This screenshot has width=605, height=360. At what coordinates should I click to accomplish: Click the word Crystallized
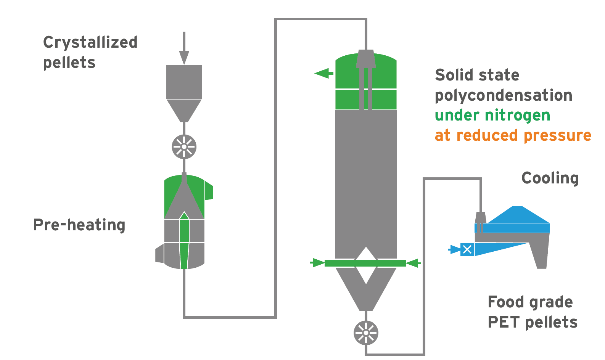[90, 42]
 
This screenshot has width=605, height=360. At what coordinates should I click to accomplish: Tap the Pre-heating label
[79, 225]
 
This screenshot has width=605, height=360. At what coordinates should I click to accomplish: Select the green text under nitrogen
[492, 115]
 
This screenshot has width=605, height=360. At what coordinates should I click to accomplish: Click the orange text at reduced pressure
[513, 135]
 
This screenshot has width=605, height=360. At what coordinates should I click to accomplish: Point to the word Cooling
[550, 178]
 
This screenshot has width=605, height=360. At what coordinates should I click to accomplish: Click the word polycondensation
[503, 95]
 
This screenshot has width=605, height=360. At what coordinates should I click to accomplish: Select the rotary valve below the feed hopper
[184, 147]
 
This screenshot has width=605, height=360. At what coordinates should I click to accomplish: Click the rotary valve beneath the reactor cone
[366, 333]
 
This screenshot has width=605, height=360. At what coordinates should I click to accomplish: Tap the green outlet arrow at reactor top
[323, 73]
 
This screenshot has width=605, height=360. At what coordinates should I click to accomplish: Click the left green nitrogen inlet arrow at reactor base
[317, 263]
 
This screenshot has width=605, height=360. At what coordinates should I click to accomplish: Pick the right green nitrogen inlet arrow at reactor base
[414, 263]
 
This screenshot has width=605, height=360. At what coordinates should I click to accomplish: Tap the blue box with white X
[467, 250]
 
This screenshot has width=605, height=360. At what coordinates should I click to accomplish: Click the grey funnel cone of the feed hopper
[184, 110]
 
